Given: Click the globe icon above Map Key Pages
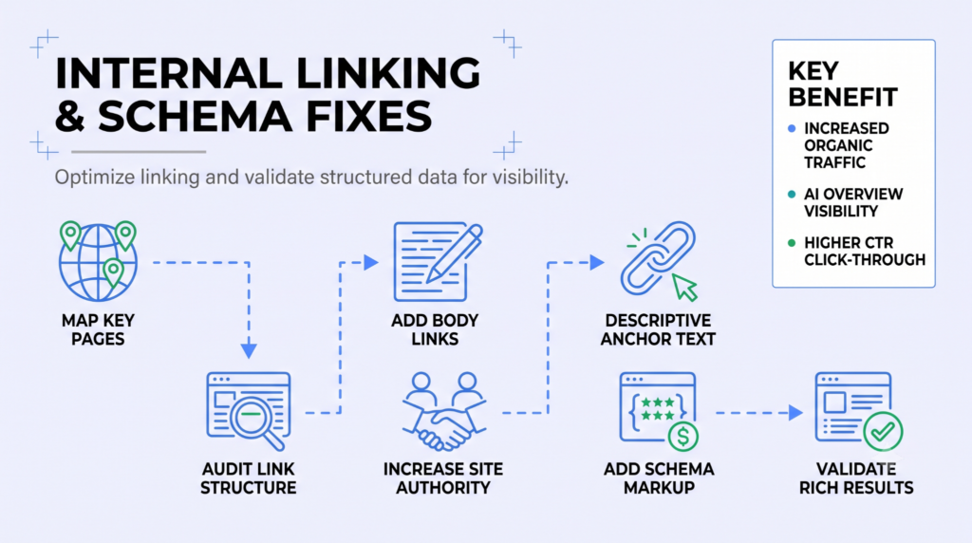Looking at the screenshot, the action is [x=98, y=261].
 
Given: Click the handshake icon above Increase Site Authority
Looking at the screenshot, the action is [x=444, y=411].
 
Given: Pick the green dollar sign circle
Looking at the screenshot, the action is [x=683, y=437].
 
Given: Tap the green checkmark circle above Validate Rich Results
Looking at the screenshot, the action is [x=883, y=431].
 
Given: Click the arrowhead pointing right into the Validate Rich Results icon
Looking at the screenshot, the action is [x=796, y=413].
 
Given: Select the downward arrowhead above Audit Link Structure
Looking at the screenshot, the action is [x=249, y=351].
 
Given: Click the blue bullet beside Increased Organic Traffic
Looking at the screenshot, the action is [x=792, y=129].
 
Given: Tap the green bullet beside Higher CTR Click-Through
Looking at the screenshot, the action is [x=792, y=243].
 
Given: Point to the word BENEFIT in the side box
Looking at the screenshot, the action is [x=843, y=98].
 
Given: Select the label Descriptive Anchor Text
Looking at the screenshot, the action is [x=659, y=329].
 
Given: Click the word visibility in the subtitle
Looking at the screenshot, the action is [x=531, y=178].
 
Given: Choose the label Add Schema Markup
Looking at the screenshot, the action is [x=659, y=477].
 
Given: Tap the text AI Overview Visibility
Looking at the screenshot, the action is [x=853, y=203].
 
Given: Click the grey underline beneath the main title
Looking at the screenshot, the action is [x=139, y=151].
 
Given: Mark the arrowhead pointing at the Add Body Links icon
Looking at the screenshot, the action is [x=371, y=263].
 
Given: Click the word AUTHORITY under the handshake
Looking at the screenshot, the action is [x=443, y=488].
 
